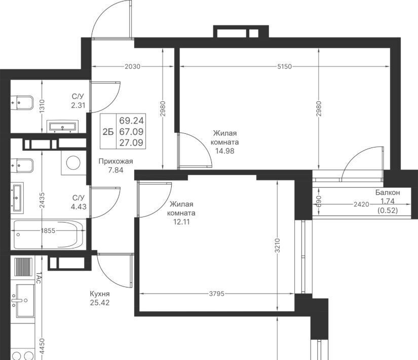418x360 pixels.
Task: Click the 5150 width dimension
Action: tap(284, 66)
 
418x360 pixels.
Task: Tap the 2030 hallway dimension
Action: tap(132, 66)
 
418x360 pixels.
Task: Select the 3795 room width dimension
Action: tap(217, 294)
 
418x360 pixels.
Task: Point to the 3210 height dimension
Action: tap(278, 245)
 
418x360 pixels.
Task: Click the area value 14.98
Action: tap(225, 151)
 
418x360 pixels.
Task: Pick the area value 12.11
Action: tap(181, 222)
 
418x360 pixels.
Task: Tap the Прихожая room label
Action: tap(116, 161)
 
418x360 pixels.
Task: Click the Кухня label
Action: tap(100, 294)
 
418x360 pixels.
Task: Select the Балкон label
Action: tap(388, 192)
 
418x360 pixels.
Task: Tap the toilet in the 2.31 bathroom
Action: tap(22, 102)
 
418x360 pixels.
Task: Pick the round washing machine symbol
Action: tap(73, 163)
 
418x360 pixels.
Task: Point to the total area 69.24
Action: tap(131, 121)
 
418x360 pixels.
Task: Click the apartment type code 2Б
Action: tap(108, 132)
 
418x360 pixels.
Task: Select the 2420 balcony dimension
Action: tap(361, 204)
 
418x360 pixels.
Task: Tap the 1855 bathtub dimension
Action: tap(48, 231)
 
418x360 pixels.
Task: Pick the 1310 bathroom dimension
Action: tap(42, 106)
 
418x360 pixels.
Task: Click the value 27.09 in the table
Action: tap(131, 143)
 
